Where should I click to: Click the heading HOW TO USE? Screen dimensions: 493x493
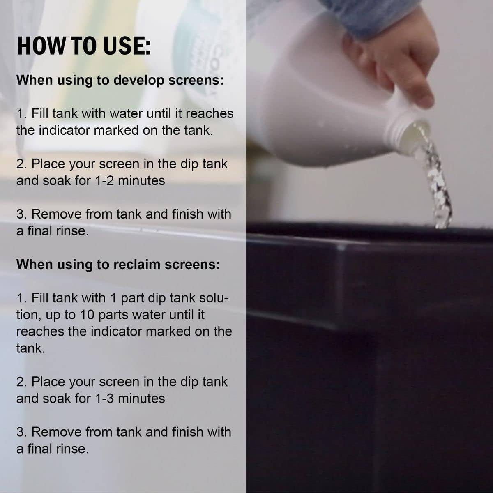84,46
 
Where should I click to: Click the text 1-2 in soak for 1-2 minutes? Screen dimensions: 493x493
104,181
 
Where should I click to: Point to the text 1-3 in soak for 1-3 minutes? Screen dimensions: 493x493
104,399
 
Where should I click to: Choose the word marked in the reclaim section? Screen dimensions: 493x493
168,332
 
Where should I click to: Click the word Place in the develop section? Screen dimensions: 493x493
48,164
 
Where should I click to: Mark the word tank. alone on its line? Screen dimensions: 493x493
31,348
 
